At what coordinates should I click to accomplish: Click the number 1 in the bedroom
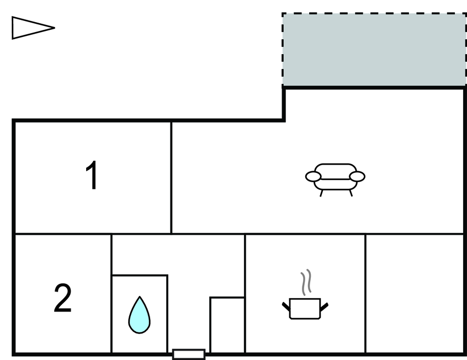92,174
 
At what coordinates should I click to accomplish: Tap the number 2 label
62,298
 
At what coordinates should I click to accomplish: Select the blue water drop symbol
140,315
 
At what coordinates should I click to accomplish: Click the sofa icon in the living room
335,179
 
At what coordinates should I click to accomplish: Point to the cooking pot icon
305,309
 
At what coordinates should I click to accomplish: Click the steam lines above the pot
306,282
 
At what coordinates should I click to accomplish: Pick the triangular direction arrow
33,28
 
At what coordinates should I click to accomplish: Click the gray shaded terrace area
374,50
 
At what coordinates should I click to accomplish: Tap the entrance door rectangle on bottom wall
189,354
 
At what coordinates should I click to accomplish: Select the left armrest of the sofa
313,177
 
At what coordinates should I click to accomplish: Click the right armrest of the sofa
357,177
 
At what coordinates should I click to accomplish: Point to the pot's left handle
286,306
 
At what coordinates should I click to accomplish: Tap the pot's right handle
324,307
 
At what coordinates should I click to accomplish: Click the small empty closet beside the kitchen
227,325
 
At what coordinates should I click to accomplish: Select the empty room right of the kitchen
415,294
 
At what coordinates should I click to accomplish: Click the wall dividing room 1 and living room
172,178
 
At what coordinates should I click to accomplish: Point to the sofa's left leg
321,193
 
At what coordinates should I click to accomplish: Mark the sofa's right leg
351,193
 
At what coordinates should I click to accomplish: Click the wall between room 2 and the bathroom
112,294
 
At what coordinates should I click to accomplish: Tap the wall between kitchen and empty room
365,294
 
